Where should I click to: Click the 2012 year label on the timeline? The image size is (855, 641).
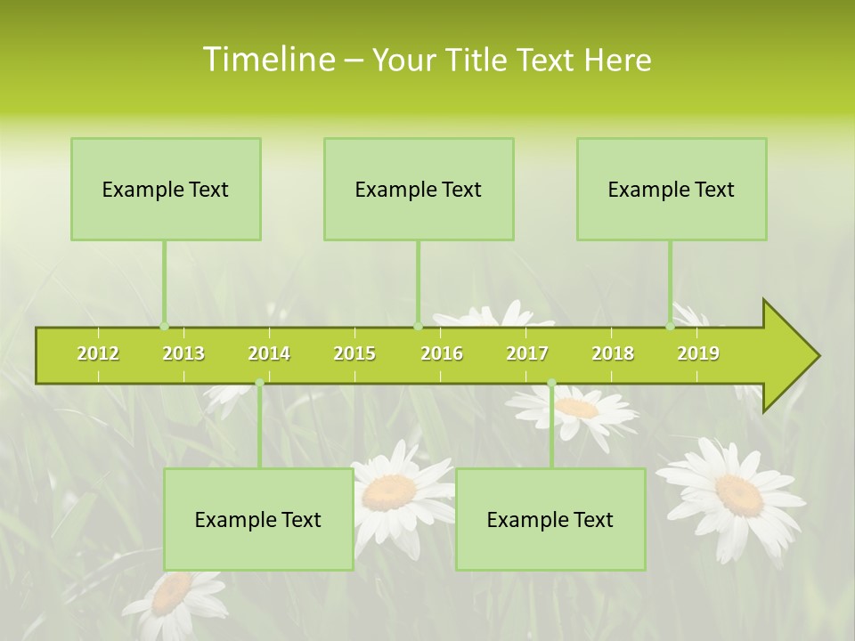(x=98, y=353)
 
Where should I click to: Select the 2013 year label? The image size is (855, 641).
(x=183, y=353)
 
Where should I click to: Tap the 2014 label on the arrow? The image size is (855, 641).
(x=269, y=353)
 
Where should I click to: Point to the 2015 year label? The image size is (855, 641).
(x=354, y=353)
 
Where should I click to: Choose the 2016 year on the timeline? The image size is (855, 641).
(x=442, y=353)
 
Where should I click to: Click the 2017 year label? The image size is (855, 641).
(x=527, y=353)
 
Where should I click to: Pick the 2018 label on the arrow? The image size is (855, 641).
(x=613, y=353)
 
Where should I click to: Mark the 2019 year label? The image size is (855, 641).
(x=698, y=353)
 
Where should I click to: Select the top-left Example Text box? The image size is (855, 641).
(x=166, y=190)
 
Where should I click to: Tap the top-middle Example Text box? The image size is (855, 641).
(x=419, y=190)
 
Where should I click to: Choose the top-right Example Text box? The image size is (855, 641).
(x=672, y=190)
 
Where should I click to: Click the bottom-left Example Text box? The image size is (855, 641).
(x=258, y=520)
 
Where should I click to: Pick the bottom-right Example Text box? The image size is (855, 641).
(x=550, y=520)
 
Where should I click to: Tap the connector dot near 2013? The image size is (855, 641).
(x=164, y=326)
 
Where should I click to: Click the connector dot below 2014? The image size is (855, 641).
(x=259, y=383)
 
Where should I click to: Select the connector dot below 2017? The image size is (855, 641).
(x=551, y=383)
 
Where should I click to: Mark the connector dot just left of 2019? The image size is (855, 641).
(x=670, y=326)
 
